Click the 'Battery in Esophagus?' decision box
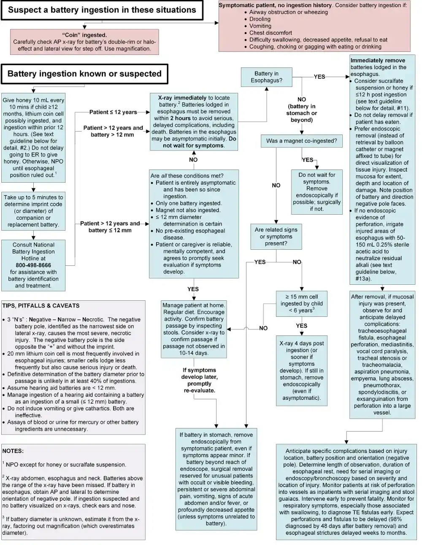click(x=266, y=77)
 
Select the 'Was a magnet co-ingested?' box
click(x=301, y=141)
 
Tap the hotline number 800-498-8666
click(x=33, y=265)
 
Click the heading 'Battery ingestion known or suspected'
click(x=84, y=74)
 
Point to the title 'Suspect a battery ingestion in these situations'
click(x=102, y=10)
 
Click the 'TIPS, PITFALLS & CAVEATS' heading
click(x=41, y=305)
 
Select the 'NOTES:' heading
click(x=13, y=451)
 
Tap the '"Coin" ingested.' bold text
click(x=84, y=35)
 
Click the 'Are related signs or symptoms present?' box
click(x=276, y=237)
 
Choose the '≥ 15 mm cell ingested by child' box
click(x=301, y=303)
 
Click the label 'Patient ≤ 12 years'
click(x=113, y=112)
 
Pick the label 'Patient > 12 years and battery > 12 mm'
click(x=113, y=131)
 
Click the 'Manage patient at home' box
click(x=194, y=329)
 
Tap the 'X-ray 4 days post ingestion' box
click(x=301, y=370)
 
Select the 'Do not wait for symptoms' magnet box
click(x=316, y=192)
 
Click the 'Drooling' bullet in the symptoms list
click(x=260, y=19)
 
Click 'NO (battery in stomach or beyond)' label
click(x=301, y=110)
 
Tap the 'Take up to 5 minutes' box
click(x=33, y=211)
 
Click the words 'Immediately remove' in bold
click(x=378, y=60)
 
